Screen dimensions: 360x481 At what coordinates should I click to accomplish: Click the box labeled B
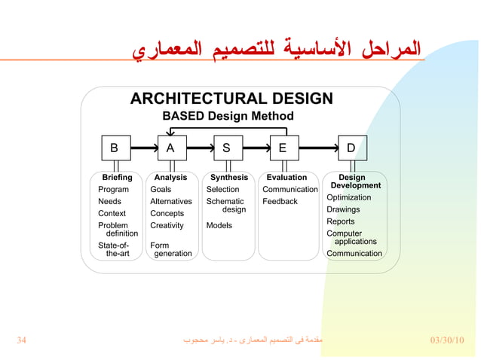pos(115,148)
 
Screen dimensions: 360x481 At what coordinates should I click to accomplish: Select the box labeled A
pos(171,148)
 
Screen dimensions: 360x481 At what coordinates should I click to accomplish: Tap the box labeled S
pos(227,148)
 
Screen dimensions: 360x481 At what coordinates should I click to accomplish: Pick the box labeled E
pos(283,148)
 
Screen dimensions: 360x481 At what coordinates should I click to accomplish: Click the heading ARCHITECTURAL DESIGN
pos(231,99)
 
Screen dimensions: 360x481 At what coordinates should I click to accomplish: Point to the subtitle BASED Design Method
pos(228,116)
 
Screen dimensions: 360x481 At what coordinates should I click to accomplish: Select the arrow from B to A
pos(143,148)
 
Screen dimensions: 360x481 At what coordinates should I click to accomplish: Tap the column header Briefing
pos(117,178)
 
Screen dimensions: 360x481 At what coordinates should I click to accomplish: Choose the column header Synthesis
pos(229,178)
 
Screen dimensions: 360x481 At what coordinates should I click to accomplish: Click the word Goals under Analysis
pos(161,190)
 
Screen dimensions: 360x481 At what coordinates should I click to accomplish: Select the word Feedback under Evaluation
pos(280,202)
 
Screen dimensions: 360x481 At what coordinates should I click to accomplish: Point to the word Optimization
pos(348,197)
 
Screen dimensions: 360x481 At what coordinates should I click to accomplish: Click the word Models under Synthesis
pos(219,225)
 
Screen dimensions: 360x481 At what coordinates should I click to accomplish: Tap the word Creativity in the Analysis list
pos(167,225)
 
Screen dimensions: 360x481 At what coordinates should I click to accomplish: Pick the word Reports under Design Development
pos(341,221)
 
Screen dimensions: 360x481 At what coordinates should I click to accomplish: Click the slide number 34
pos(22,340)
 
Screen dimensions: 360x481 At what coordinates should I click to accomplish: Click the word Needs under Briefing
pos(109,202)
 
